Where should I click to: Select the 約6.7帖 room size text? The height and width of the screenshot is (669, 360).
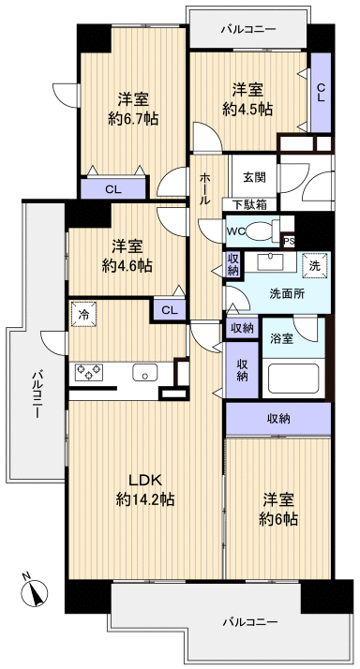[132, 119]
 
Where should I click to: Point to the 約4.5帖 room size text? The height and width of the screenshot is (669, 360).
[247, 109]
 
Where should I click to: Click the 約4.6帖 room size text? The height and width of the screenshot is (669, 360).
[127, 265]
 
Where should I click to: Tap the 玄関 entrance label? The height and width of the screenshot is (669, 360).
[254, 177]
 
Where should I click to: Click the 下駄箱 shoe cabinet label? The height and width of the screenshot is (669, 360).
[249, 204]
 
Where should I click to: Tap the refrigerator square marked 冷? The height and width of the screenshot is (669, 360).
[83, 315]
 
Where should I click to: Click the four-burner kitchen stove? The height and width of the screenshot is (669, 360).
[91, 373]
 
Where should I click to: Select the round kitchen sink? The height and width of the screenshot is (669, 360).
[147, 373]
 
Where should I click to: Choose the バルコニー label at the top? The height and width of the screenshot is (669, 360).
[247, 30]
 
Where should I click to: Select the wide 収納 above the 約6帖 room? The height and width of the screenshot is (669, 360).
[278, 418]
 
